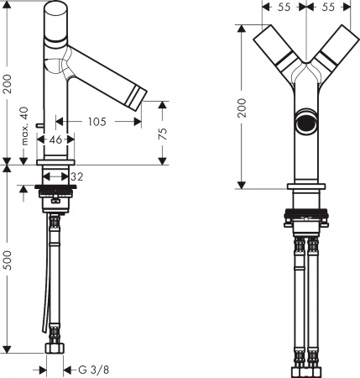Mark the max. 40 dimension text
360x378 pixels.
pyautogui.click(x=25, y=126)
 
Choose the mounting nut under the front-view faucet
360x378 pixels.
pyautogui.click(x=306, y=218)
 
